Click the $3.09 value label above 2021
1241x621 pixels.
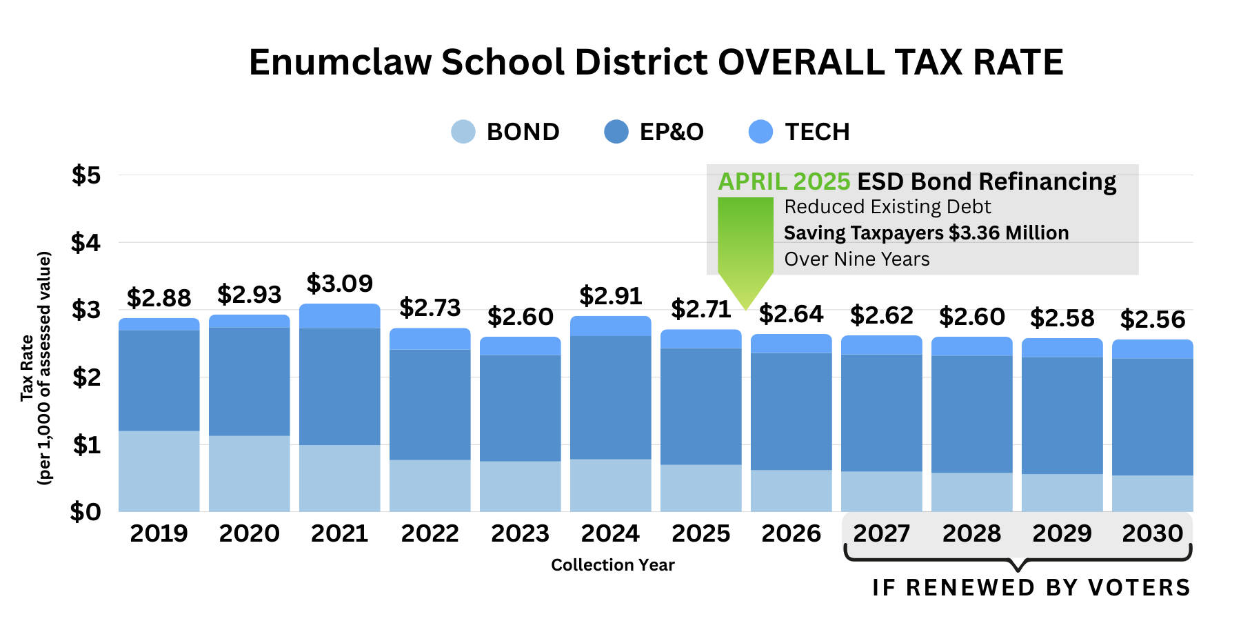(x=339, y=284)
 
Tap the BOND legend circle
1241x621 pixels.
(x=463, y=132)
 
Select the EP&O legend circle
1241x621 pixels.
(x=616, y=132)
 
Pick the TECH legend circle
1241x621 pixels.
(x=760, y=132)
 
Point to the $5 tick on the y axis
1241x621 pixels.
(x=86, y=175)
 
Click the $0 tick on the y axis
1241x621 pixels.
(x=85, y=512)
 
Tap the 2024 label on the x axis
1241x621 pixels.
(x=610, y=533)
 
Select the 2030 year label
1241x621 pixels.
(x=1152, y=533)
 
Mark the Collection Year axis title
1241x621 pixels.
(x=612, y=565)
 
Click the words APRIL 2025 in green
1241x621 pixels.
(x=784, y=181)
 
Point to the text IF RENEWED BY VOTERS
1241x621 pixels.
(x=1031, y=588)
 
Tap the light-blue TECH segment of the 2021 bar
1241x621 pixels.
(x=339, y=316)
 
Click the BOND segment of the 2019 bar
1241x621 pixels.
(x=159, y=471)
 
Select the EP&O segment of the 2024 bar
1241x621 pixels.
(x=610, y=397)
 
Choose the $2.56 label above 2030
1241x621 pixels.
(x=1152, y=319)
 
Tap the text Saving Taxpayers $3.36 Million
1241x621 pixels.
(x=926, y=233)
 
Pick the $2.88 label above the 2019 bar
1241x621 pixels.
(x=159, y=298)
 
